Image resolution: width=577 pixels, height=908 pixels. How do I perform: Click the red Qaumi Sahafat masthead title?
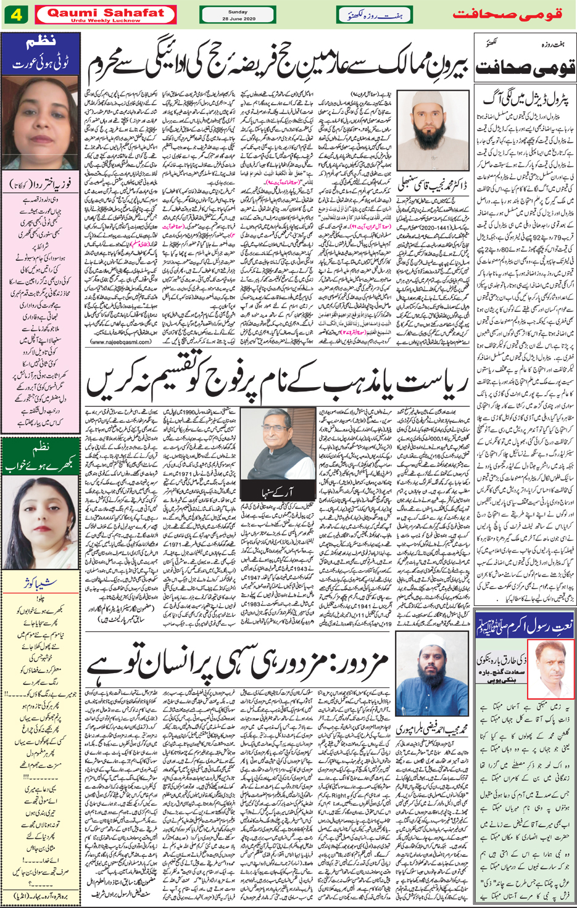click(105, 12)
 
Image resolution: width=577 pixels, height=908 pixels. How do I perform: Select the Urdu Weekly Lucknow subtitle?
click(105, 20)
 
